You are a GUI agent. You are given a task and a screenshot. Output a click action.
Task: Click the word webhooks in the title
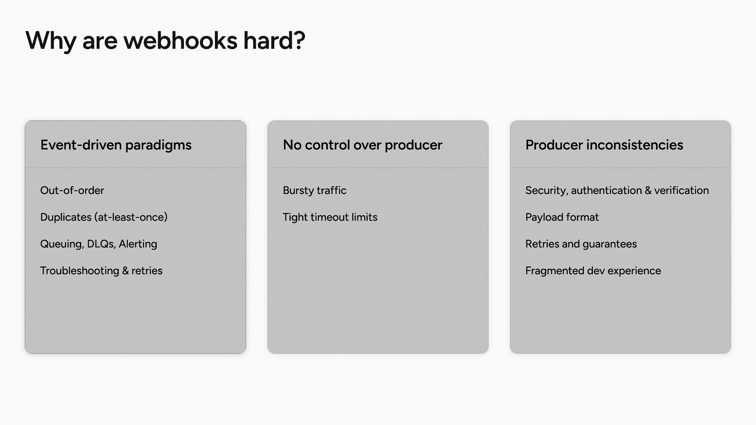point(180,40)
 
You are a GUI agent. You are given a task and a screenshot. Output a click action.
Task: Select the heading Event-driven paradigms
point(116,145)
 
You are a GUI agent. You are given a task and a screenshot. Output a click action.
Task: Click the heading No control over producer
point(362,145)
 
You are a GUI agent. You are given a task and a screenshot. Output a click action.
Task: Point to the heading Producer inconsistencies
point(604,145)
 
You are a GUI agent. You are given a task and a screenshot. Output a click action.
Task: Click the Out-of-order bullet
point(72,190)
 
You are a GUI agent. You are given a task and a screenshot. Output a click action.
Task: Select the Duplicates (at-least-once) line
point(104,217)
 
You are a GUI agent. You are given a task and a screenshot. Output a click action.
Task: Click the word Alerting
point(137,244)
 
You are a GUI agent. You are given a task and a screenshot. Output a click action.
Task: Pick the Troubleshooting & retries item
point(101,271)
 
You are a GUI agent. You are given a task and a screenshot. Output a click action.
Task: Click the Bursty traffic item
point(315,191)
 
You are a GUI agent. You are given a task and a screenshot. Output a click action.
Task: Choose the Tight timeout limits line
point(330,217)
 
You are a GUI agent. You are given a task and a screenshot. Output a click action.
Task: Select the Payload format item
point(562,217)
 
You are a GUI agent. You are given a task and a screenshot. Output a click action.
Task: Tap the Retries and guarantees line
point(581,244)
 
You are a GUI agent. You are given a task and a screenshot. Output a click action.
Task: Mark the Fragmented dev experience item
point(593,271)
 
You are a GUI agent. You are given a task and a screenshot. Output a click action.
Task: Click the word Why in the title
point(51,41)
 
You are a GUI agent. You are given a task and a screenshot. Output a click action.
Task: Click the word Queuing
point(62,244)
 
